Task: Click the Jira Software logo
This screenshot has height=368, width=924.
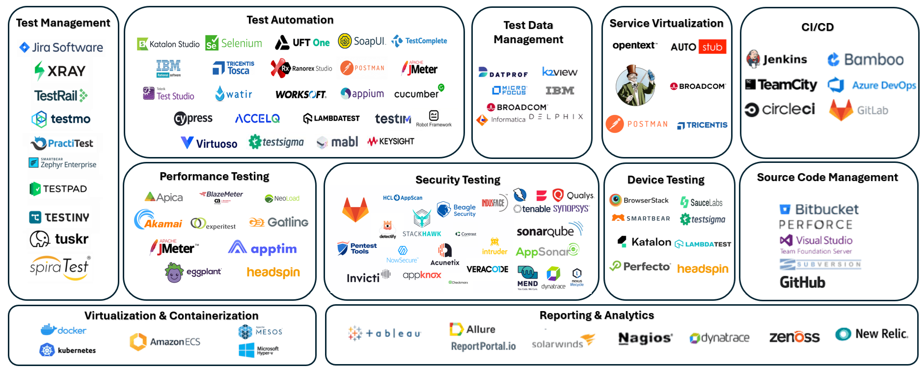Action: point(61,48)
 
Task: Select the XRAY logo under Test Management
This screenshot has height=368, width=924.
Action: point(60,71)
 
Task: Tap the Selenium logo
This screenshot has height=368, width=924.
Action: point(234,43)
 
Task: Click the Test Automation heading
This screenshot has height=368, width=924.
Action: point(290,20)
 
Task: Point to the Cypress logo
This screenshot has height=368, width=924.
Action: point(193,118)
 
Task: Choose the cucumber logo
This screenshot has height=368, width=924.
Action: point(418,93)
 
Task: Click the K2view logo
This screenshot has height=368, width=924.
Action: point(559,72)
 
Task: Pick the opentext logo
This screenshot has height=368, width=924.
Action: point(634,46)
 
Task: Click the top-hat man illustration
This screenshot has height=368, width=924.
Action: point(635,85)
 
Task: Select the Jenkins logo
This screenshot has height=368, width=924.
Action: point(776,59)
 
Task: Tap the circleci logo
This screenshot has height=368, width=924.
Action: point(780,109)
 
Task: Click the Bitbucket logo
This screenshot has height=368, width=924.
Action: point(819,210)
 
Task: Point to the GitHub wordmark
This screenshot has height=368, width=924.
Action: point(802,282)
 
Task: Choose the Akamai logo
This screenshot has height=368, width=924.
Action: point(158,220)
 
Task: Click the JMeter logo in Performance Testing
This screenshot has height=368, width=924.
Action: point(174,248)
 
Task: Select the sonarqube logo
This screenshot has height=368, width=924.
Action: point(549,231)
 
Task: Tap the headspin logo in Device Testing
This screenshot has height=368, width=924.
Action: point(703,269)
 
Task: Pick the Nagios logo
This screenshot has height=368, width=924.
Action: point(645,338)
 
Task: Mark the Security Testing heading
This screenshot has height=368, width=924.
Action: point(458,180)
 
